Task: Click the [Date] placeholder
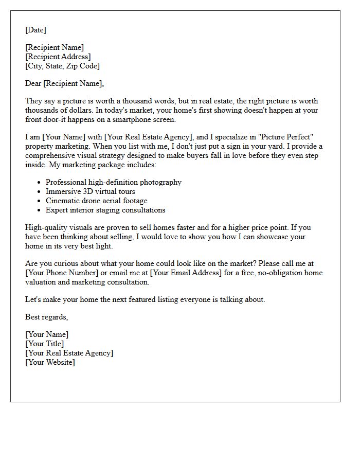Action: click(x=35, y=30)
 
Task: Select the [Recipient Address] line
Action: click(x=58, y=57)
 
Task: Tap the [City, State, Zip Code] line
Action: click(x=62, y=66)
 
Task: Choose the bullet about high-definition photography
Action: click(x=113, y=182)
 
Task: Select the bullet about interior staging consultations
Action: click(x=105, y=210)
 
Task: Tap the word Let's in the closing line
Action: click(x=33, y=299)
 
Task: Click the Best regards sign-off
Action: click(x=46, y=317)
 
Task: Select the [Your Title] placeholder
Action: click(x=44, y=344)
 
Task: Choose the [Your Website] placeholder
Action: click(x=50, y=362)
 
